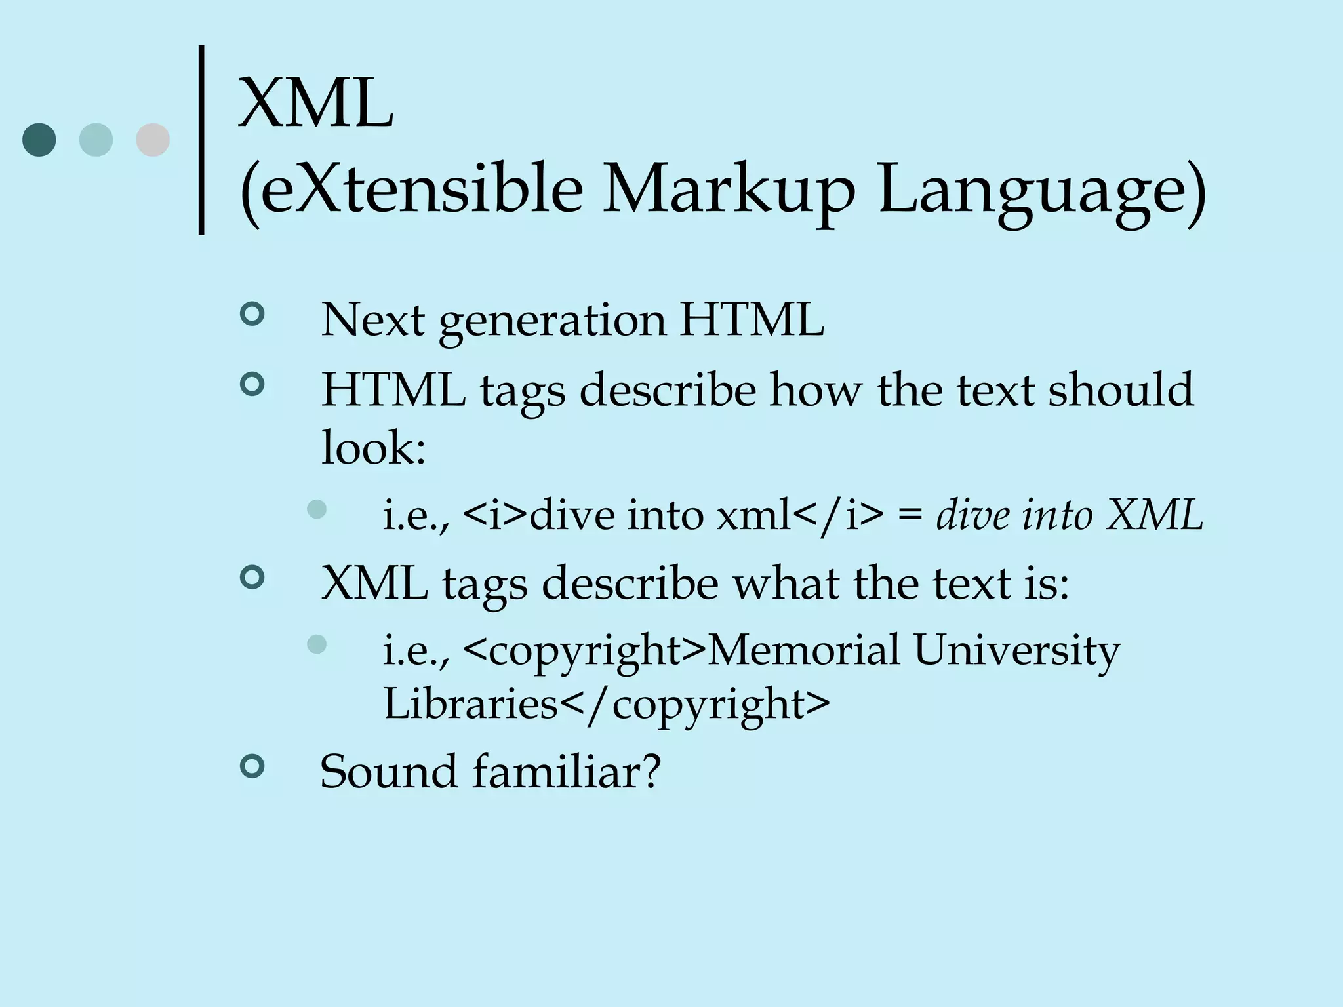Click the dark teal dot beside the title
39,140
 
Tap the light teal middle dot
96,140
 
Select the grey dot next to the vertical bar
153,140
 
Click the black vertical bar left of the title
201,139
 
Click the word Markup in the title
728,190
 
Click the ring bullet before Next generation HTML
252,314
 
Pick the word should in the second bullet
1121,389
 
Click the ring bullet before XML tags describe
252,578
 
